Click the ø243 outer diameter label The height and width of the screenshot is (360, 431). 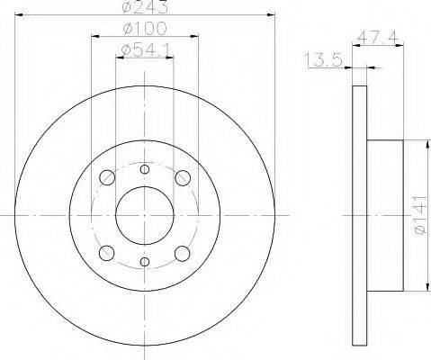pyautogui.click(x=145, y=7)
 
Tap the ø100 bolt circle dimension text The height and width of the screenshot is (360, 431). pyautogui.click(x=145, y=29)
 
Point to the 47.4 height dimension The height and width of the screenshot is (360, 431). pyautogui.click(x=378, y=37)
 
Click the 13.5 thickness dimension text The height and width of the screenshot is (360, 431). pyautogui.click(x=323, y=59)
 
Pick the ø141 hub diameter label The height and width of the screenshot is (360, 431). pyautogui.click(x=420, y=215)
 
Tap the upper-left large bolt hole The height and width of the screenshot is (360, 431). pyautogui.click(x=107, y=177)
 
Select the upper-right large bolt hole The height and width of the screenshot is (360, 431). pyautogui.click(x=183, y=177)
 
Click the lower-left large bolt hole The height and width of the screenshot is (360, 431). pyautogui.click(x=107, y=253)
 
